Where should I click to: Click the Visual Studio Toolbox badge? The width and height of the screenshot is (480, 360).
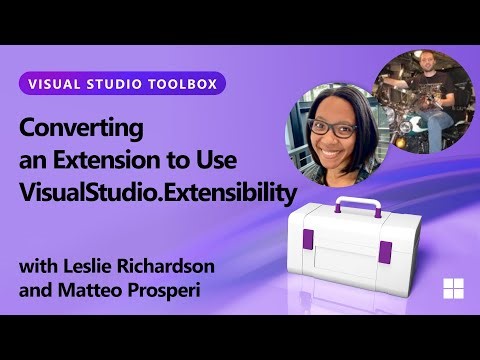121,82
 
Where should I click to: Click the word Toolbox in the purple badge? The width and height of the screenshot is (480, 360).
181,82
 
